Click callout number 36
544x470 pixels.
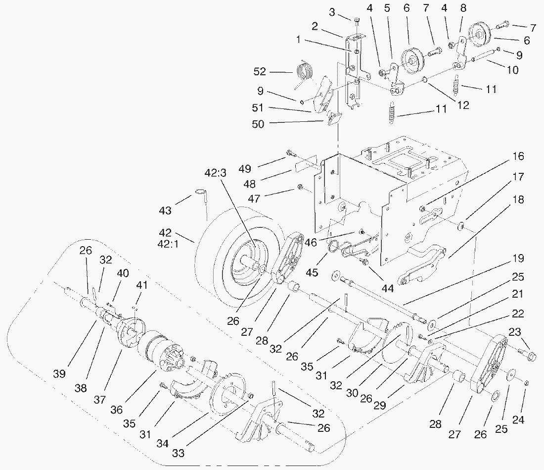tap(117, 410)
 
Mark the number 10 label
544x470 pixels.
tap(512, 70)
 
